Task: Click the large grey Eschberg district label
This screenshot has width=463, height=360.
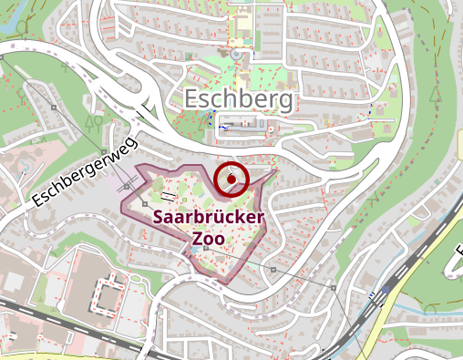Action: (x=239, y=98)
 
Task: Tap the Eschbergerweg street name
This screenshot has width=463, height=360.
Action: (x=83, y=170)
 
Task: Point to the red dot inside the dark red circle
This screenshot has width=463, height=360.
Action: (x=232, y=180)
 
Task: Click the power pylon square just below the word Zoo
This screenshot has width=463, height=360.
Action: (x=207, y=249)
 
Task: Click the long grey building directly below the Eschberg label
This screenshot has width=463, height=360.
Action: (x=242, y=125)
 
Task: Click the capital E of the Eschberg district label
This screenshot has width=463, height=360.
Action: (x=193, y=98)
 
